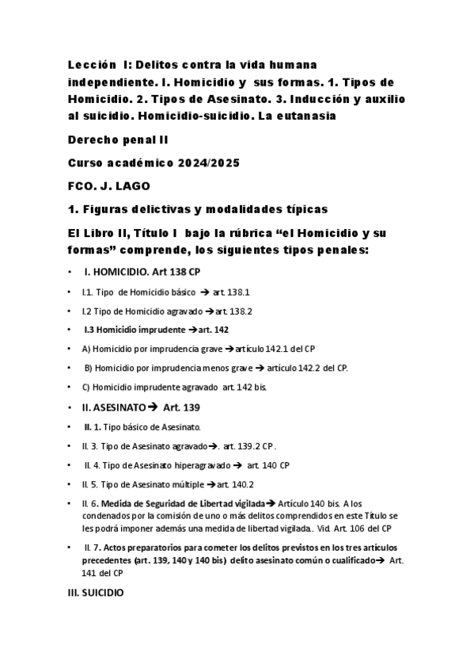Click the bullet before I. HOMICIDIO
pos(70,272)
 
